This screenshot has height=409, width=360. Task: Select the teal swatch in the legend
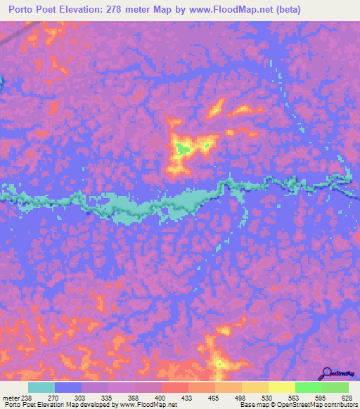41,387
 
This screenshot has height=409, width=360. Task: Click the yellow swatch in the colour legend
281,387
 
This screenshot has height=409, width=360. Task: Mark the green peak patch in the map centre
183,148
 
